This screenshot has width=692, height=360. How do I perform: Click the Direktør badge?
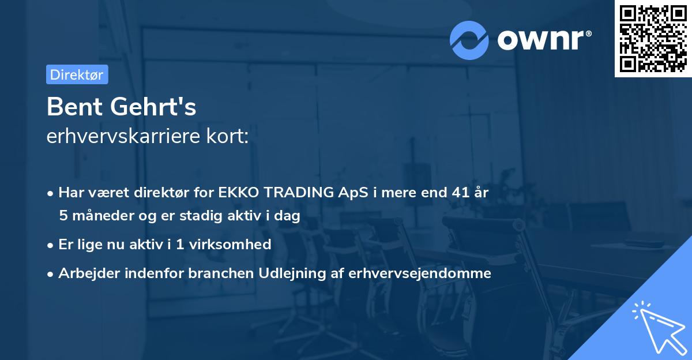[77, 74]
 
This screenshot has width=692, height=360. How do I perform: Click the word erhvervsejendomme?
[420, 273]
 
